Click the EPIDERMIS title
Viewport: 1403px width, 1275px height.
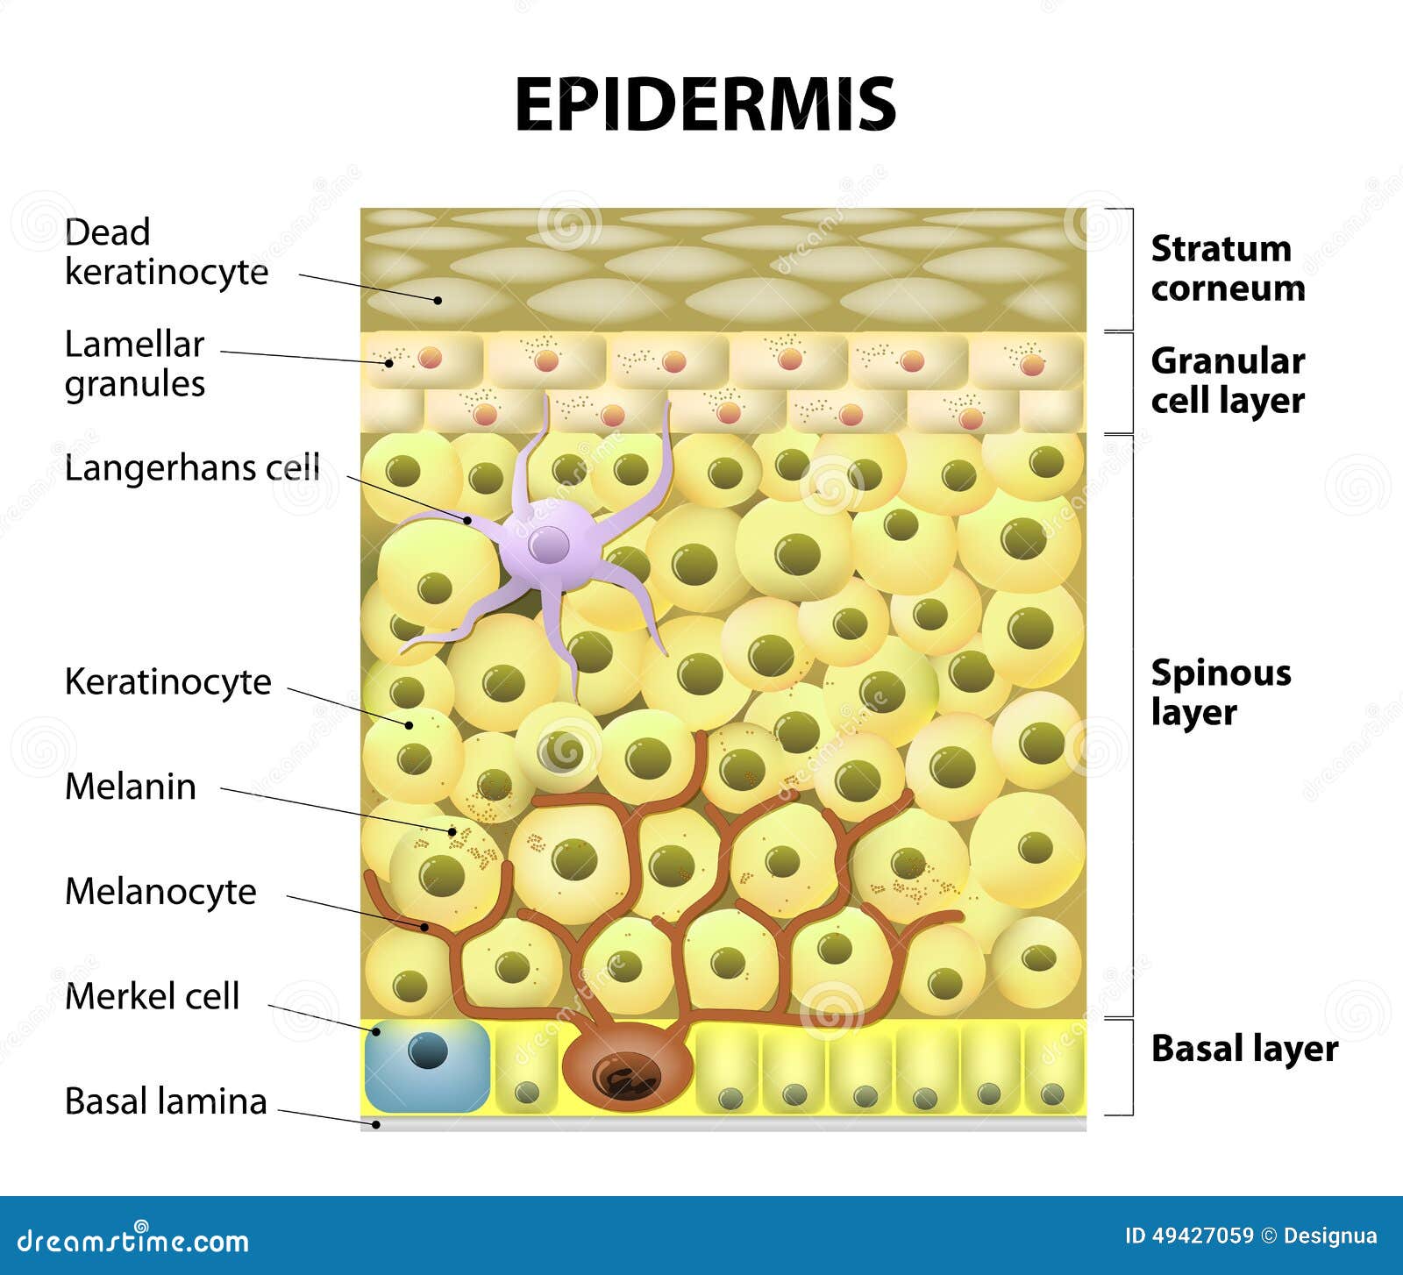(705, 104)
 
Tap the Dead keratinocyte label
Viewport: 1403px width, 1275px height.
(166, 252)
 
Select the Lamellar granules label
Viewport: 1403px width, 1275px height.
(135, 364)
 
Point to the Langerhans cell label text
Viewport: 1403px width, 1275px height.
(192, 467)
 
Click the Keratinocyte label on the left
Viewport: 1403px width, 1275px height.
(167, 681)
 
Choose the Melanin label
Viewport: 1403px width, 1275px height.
(130, 787)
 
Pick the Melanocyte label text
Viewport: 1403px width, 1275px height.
(160, 892)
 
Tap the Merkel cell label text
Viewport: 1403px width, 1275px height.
(152, 996)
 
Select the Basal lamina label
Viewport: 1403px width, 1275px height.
(166, 1101)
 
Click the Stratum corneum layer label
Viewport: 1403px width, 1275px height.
(1227, 268)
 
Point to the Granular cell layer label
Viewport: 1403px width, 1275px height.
(1227, 381)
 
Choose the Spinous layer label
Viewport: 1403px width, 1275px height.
(1220, 692)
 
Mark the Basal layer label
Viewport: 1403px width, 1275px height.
(1243, 1049)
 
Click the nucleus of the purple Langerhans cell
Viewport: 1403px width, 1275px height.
(549, 545)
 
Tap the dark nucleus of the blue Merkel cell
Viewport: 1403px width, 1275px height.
(428, 1051)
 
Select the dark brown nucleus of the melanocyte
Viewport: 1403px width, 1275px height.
(627, 1076)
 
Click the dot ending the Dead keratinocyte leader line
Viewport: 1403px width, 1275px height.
(438, 300)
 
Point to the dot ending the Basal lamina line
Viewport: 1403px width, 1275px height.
(376, 1124)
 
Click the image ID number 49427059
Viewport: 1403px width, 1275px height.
(1202, 1236)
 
